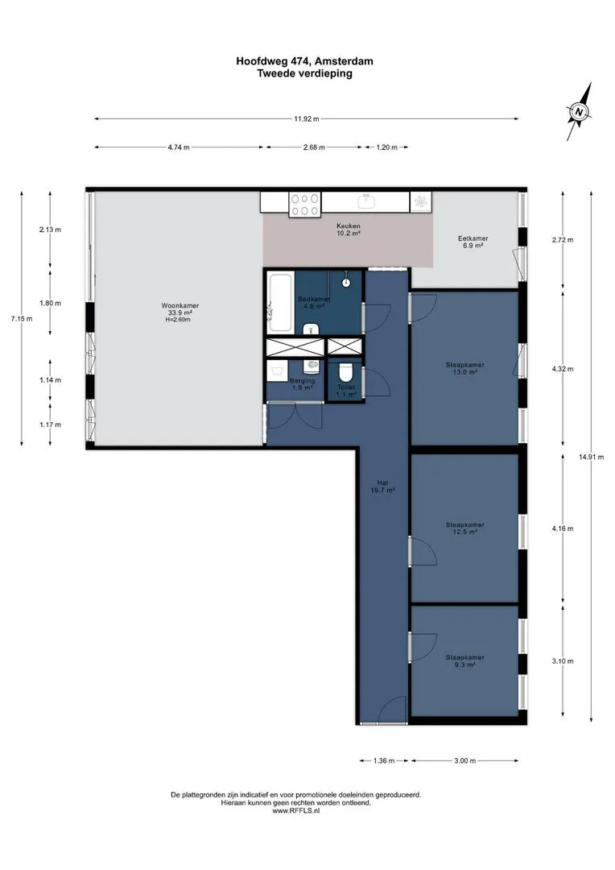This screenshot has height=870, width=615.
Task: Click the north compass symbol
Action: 579,111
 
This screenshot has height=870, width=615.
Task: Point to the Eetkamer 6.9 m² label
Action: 473,242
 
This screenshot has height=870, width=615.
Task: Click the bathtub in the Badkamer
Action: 280,302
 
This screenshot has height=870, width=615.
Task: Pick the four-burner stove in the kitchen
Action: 305,204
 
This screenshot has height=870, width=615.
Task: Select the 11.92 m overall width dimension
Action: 307,118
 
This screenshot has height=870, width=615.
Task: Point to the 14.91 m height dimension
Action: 591,458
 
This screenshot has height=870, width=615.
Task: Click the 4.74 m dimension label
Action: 179,147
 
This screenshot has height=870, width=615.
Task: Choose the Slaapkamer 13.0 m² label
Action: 464,369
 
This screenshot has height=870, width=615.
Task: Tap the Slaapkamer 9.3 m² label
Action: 464,661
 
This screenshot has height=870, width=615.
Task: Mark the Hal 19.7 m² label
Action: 382,487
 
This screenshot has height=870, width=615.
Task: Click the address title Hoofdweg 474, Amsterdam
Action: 304,61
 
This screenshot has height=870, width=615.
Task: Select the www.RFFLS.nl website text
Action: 296,810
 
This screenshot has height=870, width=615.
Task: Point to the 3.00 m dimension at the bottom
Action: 464,760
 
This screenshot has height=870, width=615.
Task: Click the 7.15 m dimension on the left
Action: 22,318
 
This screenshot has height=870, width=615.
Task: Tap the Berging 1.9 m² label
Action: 302,384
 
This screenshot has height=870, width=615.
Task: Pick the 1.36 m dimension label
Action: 384,760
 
